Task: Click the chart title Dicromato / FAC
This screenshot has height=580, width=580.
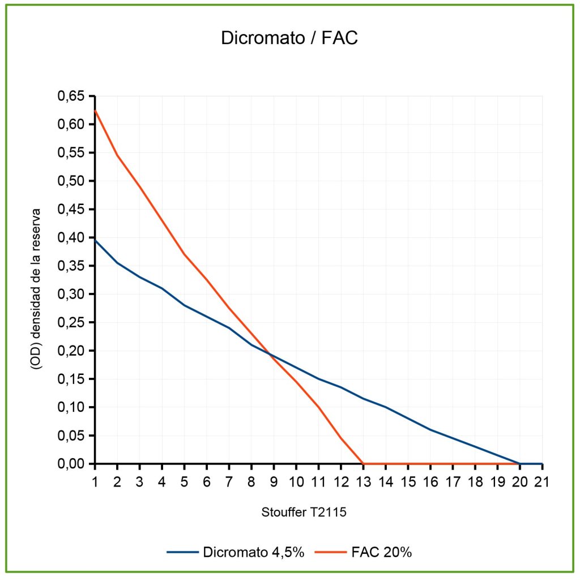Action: tap(289, 39)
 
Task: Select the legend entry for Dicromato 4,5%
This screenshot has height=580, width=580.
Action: tap(253, 552)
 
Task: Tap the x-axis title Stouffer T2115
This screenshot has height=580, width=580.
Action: tap(304, 513)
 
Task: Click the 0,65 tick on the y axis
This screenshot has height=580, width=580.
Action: tap(71, 96)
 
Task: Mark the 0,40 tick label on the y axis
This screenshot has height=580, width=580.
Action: tap(71, 238)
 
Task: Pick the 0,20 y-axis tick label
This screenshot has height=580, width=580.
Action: tap(71, 351)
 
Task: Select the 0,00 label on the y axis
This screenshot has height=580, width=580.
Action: tap(71, 464)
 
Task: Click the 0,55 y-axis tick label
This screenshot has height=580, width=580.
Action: tap(71, 153)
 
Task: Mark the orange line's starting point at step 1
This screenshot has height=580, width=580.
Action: tap(95, 110)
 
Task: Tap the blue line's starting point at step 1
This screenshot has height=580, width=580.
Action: tap(95, 240)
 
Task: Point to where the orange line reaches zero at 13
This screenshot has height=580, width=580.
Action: tap(363, 464)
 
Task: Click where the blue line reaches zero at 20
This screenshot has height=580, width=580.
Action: tap(520, 464)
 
